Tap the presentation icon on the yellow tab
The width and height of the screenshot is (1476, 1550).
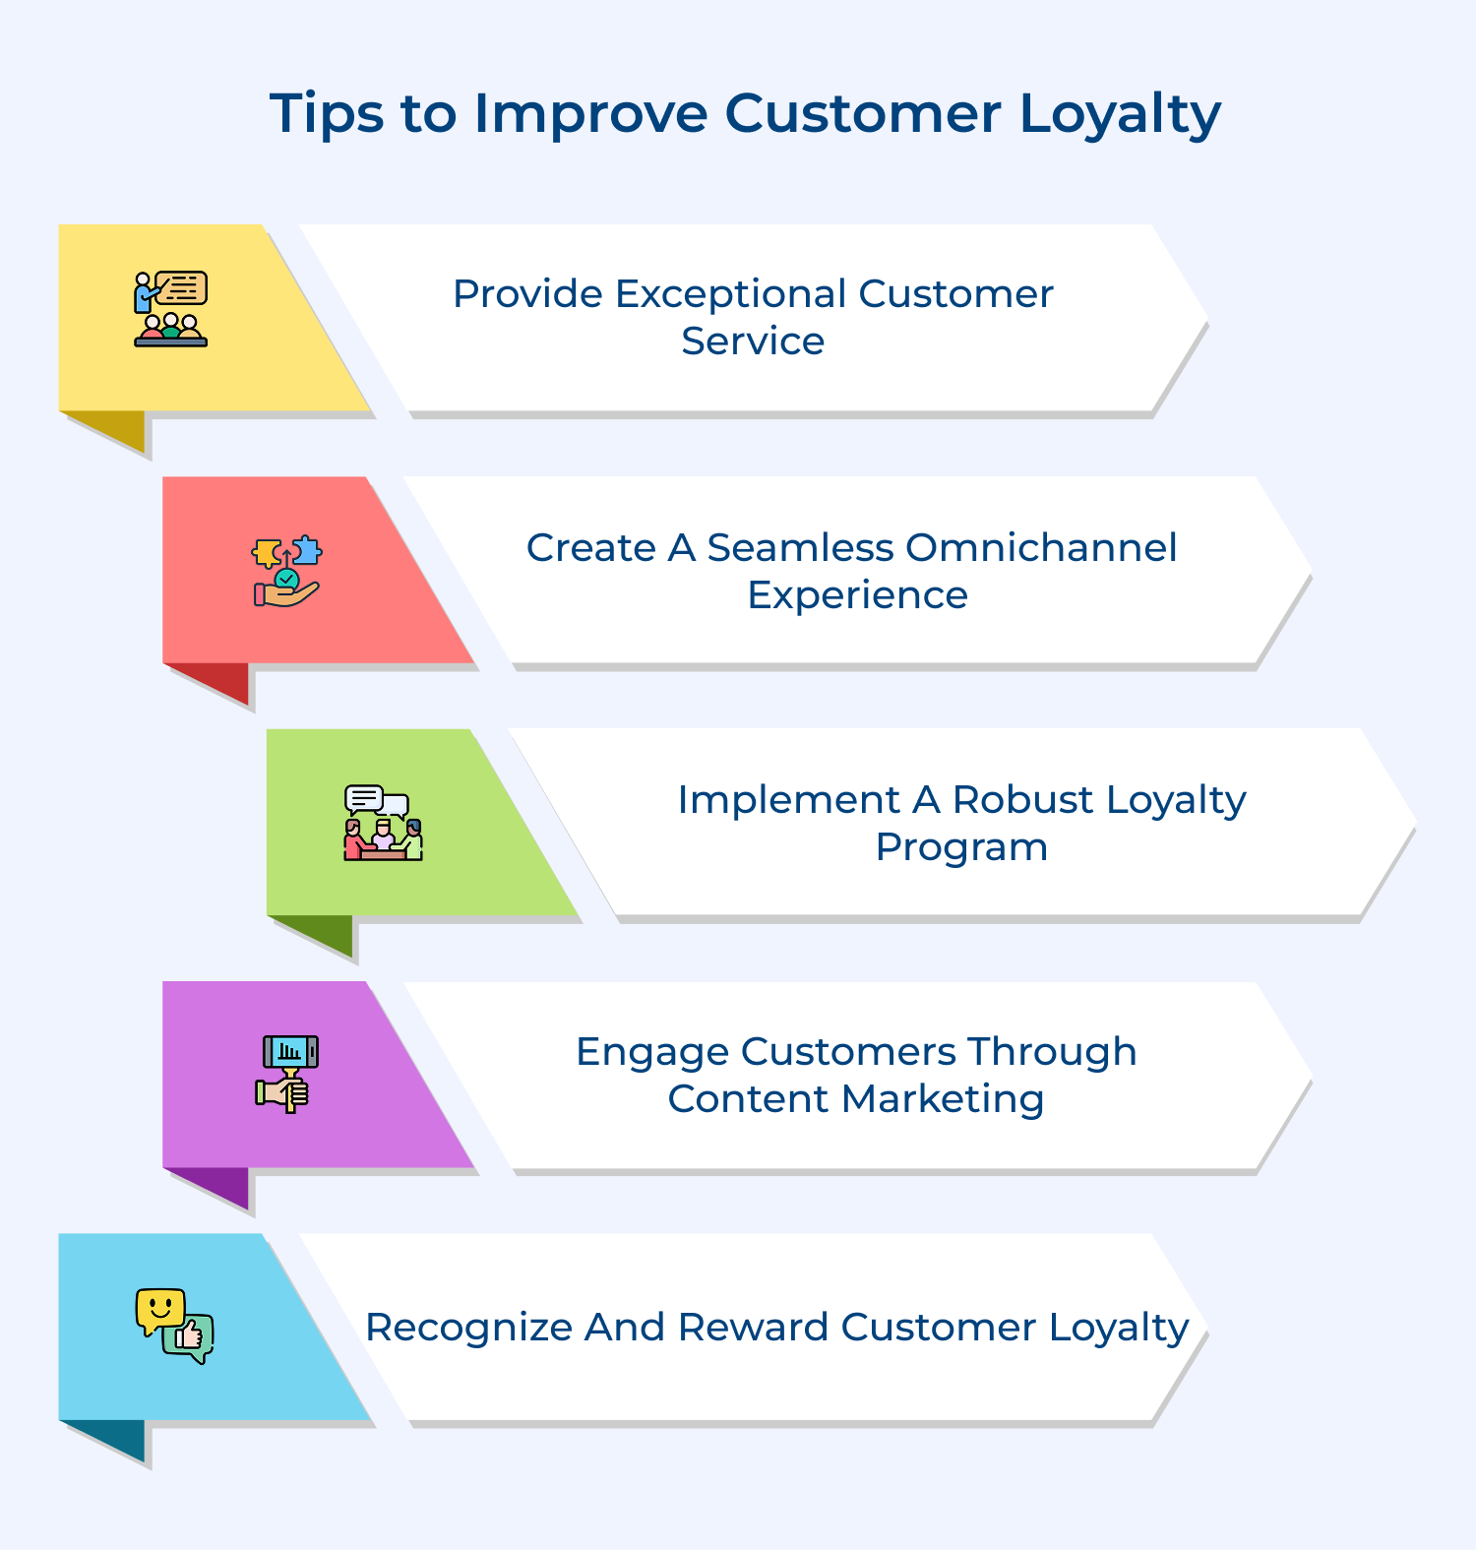coord(171,309)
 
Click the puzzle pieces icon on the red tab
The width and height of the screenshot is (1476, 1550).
coord(286,571)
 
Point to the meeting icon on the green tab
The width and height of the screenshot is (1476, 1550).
coord(383,824)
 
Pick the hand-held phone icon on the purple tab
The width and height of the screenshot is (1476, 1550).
coord(287,1074)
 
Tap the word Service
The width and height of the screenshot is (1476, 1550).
coord(753,341)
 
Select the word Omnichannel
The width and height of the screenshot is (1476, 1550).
coord(1040,547)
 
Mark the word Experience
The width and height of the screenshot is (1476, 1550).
coord(857,594)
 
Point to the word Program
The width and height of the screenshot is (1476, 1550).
coord(961,846)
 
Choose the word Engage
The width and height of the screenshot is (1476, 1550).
coord(651,1051)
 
